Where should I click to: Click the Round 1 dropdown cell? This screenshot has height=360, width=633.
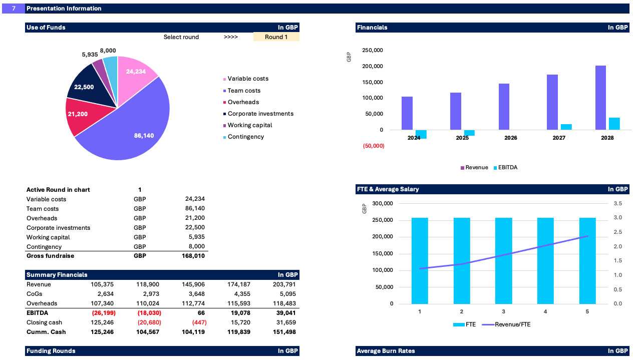pos(276,37)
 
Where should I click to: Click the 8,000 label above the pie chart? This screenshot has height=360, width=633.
pos(108,51)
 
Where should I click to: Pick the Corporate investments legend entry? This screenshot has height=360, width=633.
pos(260,114)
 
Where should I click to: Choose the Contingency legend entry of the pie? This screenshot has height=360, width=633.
pos(245,137)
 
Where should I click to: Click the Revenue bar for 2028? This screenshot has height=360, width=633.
pos(600,98)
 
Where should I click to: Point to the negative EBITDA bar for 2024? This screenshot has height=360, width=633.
pos(421,134)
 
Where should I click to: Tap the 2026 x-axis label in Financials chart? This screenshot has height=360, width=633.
pos(510,138)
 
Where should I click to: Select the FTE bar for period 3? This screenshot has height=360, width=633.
pos(503,260)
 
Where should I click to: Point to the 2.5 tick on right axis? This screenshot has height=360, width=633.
pos(617,232)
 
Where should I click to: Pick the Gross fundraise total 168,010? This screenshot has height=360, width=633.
pos(193,256)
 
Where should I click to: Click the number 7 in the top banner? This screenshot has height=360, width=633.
pos(14,9)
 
